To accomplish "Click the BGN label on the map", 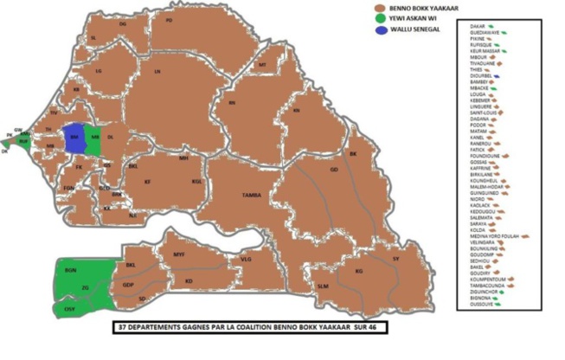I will tap(70, 271).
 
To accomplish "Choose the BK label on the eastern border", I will tap(352, 154).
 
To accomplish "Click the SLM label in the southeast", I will tap(323, 286).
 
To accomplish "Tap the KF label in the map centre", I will tap(147, 182).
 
